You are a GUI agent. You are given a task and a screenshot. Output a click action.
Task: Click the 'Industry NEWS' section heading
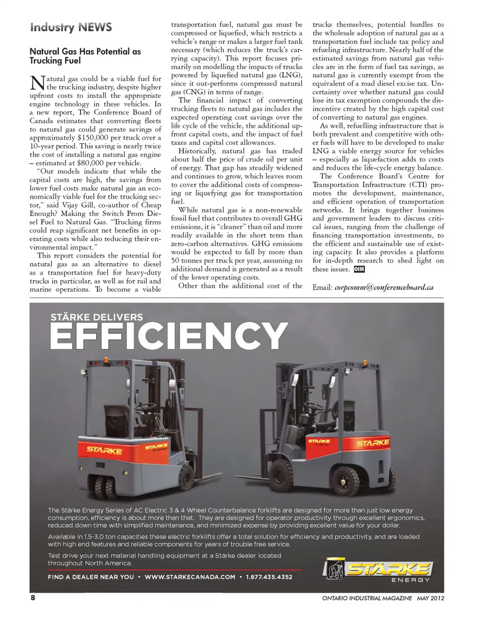(71, 27)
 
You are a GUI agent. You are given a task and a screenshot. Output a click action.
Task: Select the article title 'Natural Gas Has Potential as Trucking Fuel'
(85, 56)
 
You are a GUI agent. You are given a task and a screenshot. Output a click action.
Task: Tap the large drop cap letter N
(38, 84)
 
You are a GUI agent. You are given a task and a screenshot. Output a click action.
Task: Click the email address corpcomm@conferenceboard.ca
(384, 288)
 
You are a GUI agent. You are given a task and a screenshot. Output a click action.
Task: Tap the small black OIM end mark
(359, 269)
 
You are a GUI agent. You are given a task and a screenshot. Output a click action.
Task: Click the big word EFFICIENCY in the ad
(169, 336)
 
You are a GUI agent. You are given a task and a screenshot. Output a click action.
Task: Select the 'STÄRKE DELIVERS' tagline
(97, 317)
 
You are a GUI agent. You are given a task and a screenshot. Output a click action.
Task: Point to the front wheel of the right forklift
(346, 481)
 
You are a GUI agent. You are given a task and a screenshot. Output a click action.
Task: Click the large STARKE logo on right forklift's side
(373, 443)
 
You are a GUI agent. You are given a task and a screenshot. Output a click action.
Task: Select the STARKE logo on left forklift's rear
(104, 450)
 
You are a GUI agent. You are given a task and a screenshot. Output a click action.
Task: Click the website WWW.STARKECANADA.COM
(190, 577)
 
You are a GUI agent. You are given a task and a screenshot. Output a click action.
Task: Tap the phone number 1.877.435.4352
(269, 577)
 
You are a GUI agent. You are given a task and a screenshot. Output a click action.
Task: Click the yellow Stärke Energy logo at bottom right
(378, 570)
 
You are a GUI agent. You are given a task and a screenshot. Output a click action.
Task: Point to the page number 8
(33, 598)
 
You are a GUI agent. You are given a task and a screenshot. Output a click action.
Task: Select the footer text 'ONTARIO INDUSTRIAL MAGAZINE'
(367, 598)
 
